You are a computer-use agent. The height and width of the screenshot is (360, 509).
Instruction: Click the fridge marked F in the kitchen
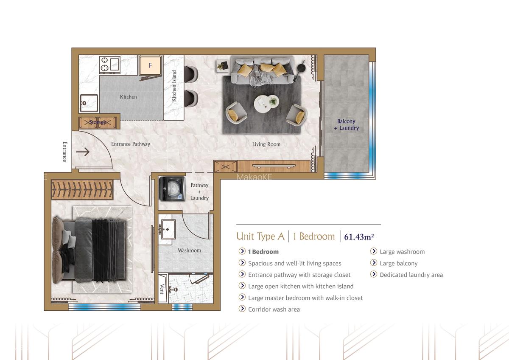(150, 65)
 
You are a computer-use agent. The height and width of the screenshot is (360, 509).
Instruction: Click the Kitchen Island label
(174, 86)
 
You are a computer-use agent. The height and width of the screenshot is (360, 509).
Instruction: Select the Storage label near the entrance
(98, 123)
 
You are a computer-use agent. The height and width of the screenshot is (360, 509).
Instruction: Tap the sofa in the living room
(262, 73)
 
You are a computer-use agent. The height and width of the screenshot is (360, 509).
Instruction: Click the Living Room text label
(266, 144)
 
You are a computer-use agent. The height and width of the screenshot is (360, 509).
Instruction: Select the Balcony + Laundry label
(346, 125)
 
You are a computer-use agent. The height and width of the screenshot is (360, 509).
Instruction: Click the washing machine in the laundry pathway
(172, 189)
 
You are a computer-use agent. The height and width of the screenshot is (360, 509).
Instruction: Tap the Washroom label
(189, 250)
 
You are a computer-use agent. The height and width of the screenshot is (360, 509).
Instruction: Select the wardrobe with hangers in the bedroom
(82, 190)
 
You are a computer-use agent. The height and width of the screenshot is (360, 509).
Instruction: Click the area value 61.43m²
(359, 236)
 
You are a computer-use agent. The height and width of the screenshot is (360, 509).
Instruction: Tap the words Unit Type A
(260, 236)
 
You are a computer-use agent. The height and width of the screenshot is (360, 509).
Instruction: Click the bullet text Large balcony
(398, 263)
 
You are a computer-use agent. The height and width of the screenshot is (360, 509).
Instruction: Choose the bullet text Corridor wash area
(274, 309)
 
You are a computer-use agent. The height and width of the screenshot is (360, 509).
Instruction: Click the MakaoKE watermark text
(254, 177)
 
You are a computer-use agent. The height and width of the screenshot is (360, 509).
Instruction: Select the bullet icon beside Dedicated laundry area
(374, 275)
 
